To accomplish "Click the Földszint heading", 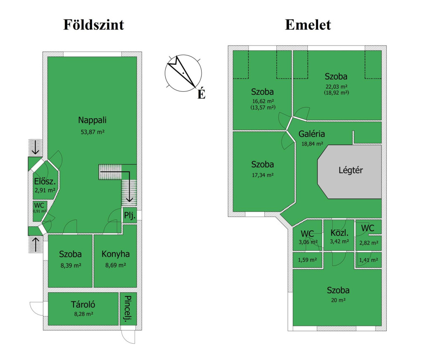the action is coord(94,25).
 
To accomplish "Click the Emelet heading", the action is coord(308,25).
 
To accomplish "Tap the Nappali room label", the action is coord(92,120).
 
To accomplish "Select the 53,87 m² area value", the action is coord(93,132).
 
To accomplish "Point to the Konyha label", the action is coord(116,254).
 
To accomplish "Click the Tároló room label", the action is coord(83,304).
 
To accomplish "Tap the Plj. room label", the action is coord(129,215).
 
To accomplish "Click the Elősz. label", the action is coord(45,182).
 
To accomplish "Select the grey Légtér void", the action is coord(349,172).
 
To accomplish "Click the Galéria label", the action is coord(311,134).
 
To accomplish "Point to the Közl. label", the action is coord(340,233).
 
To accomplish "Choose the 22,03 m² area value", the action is coord(336,87).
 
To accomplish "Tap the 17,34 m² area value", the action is coord(263,175).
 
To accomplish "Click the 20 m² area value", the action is coord(338,300).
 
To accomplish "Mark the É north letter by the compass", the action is coord(201,94).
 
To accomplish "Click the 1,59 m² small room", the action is coord(307,260).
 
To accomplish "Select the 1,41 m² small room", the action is coord(368,260).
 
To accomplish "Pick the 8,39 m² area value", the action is coord(71,265).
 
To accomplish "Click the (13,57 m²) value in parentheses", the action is coord(263,107).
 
